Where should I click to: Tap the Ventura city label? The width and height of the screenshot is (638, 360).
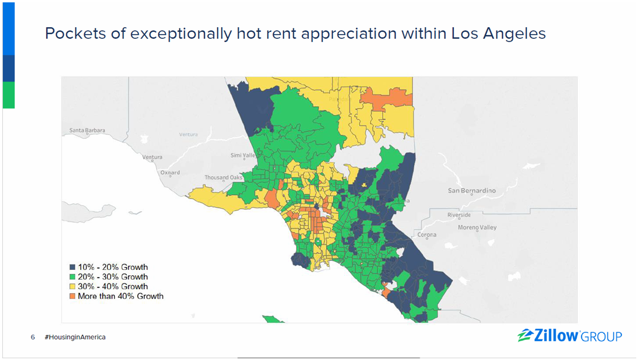click(x=152, y=157)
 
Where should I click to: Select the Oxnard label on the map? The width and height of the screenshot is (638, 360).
click(x=170, y=173)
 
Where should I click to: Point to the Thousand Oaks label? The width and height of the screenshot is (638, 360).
click(x=223, y=177)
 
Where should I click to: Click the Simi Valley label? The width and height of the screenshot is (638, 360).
click(x=243, y=156)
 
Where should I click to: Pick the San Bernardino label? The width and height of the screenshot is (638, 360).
click(x=472, y=190)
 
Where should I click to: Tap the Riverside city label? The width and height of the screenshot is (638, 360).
click(x=459, y=215)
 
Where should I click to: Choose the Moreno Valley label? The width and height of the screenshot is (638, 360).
click(x=478, y=227)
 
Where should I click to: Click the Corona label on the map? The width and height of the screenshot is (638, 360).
click(x=427, y=235)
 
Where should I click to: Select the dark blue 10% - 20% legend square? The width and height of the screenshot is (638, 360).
click(x=72, y=267)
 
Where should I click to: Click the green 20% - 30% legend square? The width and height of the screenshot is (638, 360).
click(x=72, y=277)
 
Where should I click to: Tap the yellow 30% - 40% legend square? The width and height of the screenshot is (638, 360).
click(x=72, y=286)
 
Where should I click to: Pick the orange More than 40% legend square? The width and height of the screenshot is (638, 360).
click(x=72, y=296)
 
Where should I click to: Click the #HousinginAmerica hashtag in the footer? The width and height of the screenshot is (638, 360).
click(x=75, y=337)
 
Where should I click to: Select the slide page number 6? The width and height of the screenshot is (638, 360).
click(x=33, y=337)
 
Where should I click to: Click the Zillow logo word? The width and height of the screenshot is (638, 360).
click(x=557, y=336)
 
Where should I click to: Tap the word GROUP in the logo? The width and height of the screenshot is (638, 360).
click(x=601, y=337)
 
